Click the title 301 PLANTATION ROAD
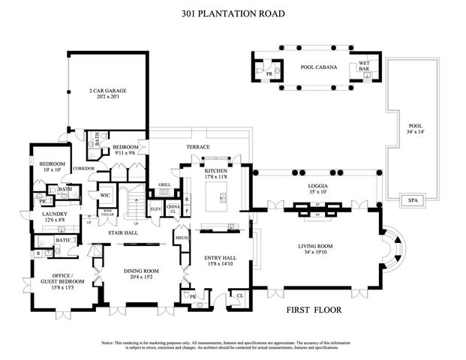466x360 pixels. coord(233,13)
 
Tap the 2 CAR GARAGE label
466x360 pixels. coord(108,91)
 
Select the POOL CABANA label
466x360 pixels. coord(319,67)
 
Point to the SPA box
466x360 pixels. coord(411,200)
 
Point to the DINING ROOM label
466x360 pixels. coord(140,271)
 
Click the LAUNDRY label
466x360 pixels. coord(55,214)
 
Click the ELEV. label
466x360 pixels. coord(156,208)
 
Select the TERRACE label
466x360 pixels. coord(198,147)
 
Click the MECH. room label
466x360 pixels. coord(180,239)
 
